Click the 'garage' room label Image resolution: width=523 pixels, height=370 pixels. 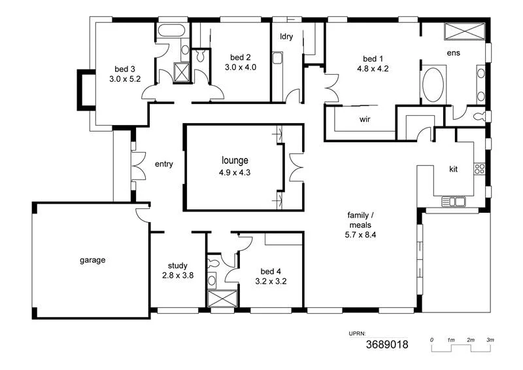(93, 260)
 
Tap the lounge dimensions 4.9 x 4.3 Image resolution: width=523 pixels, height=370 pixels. (235, 173)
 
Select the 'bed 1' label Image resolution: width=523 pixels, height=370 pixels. (373, 58)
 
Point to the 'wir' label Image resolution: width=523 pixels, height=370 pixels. (365, 119)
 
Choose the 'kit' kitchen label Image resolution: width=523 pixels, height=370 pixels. (454, 169)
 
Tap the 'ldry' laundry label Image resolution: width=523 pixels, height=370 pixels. (286, 37)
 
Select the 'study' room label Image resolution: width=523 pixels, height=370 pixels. (178, 266)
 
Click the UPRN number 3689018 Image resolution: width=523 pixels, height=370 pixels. (386, 344)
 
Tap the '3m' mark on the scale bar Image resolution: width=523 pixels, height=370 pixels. (490, 340)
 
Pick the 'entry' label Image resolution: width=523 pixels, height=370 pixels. (163, 164)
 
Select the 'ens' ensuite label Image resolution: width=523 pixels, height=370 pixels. (453, 52)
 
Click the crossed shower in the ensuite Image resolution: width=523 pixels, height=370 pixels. (464, 31)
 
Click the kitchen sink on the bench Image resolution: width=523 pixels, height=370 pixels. (452, 200)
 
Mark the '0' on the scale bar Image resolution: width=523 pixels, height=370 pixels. (431, 340)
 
